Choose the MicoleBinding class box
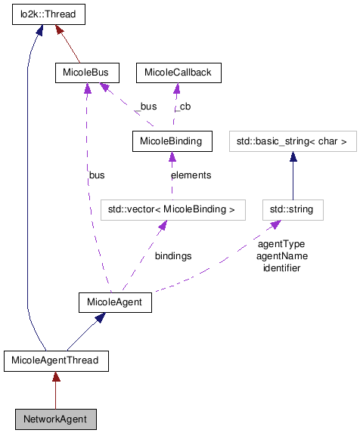170,141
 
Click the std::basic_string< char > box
292,141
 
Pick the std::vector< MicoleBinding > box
173,209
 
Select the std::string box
293,209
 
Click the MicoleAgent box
116,302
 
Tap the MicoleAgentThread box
57,360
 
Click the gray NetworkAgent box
55,418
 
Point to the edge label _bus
145,107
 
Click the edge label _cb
182,107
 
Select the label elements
191,175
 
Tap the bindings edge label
173,256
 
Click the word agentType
281,245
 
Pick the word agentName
281,256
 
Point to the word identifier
281,268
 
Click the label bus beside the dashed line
96,175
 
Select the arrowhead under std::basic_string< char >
293,156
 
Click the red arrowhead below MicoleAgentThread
56,376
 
